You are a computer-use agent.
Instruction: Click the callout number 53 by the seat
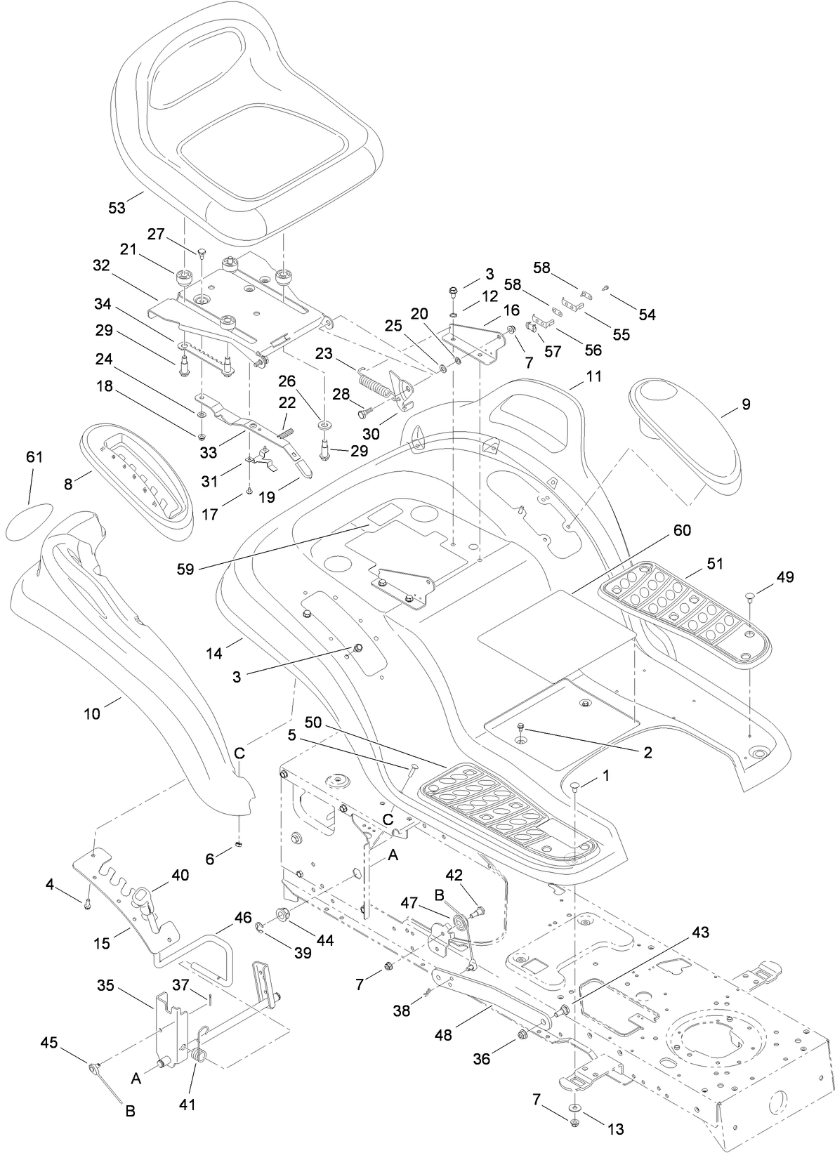click(x=117, y=208)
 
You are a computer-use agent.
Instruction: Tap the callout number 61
click(x=34, y=457)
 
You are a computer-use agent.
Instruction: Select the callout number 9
click(x=746, y=404)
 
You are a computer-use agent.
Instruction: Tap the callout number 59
click(x=186, y=569)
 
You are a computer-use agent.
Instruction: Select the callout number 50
click(x=315, y=723)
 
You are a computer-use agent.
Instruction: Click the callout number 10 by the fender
click(x=92, y=714)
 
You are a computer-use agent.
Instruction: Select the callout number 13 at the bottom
click(x=615, y=1130)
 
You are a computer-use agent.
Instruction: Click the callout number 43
click(x=700, y=933)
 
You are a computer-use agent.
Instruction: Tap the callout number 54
click(x=647, y=315)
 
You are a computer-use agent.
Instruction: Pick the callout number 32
click(x=102, y=266)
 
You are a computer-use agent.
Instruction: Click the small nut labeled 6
click(x=239, y=843)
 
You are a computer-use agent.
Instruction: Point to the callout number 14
click(x=214, y=654)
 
